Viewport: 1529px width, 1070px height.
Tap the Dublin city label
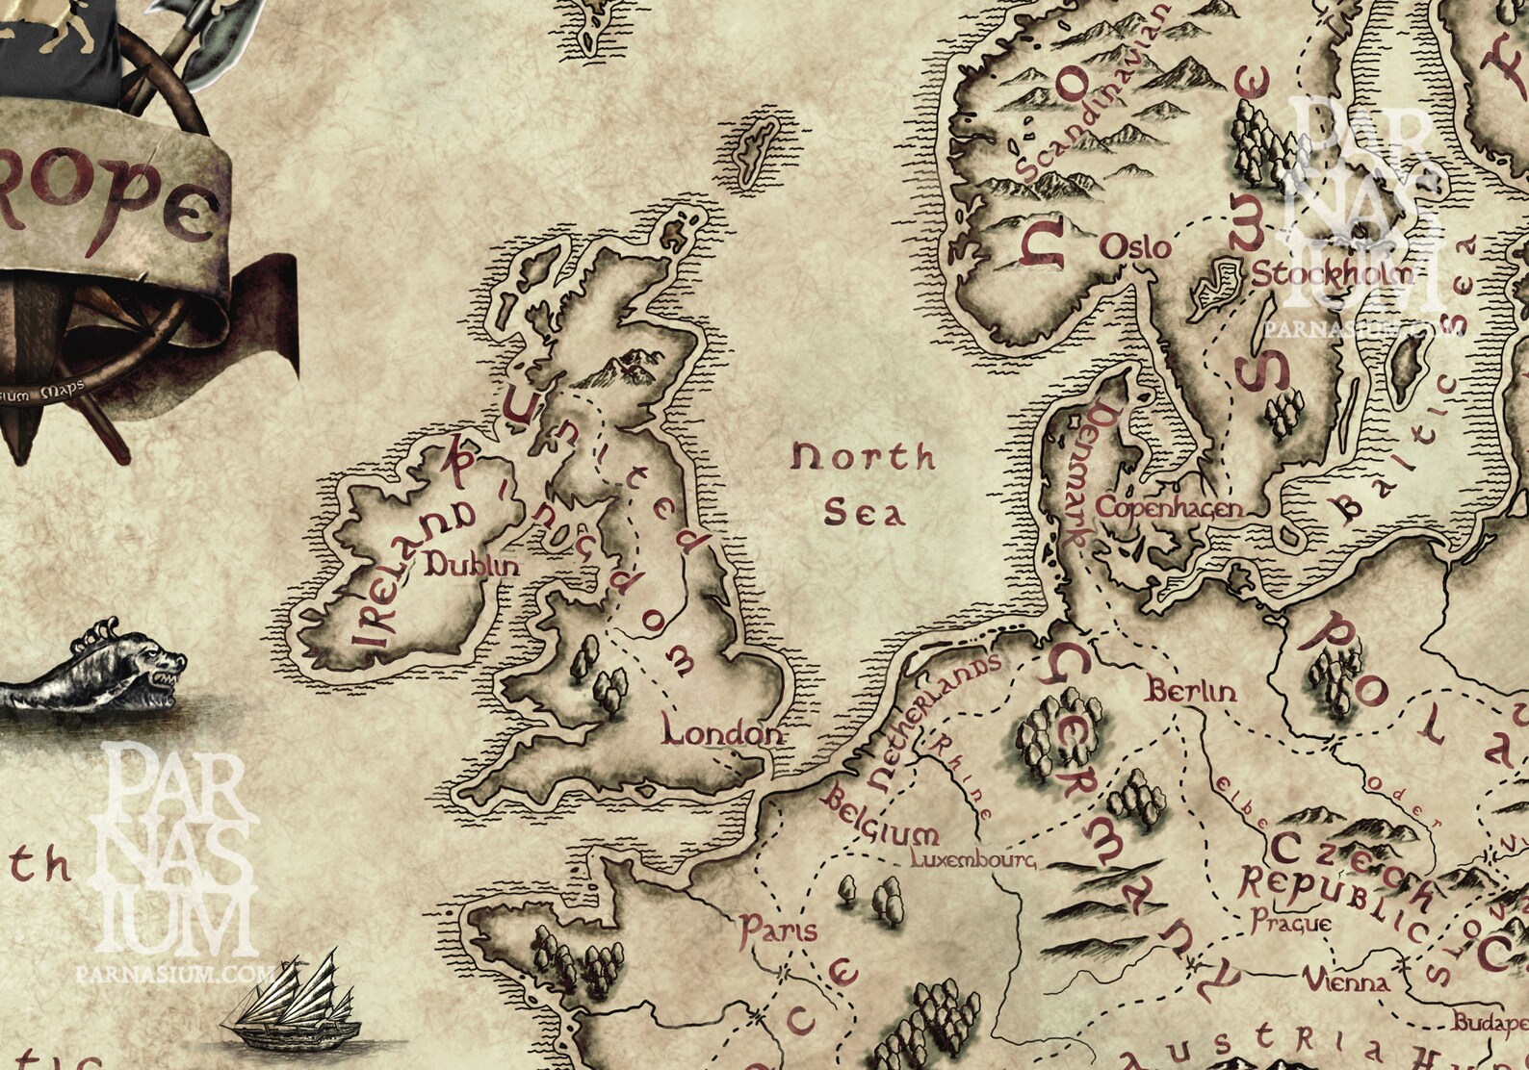point(472,566)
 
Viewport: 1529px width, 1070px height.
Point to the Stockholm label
point(1331,274)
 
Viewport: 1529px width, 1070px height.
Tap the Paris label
point(778,930)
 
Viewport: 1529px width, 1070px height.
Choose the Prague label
point(1291,922)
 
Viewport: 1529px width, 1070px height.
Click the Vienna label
point(1346,982)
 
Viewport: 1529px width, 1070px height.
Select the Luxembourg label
point(972,858)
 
